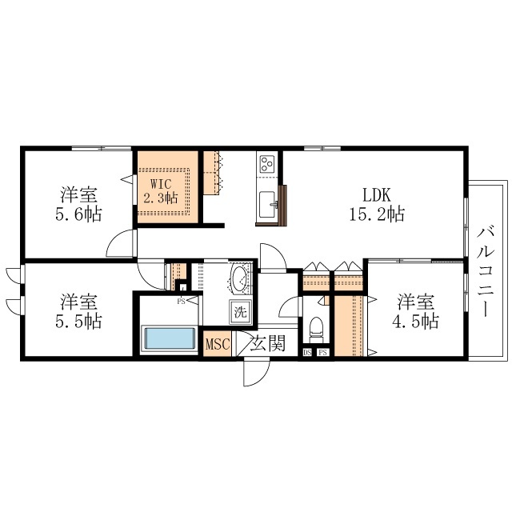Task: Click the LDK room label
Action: tap(377, 195)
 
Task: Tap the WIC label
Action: tap(161, 184)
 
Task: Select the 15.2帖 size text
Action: tap(377, 214)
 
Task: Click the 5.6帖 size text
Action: tap(78, 214)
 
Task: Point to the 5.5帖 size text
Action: tap(78, 322)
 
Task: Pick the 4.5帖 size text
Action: tap(415, 322)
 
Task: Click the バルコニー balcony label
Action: tap(486, 272)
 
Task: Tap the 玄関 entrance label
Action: tap(268, 343)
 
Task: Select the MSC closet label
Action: tap(218, 344)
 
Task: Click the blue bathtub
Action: tap(170, 338)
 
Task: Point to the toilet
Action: tap(316, 327)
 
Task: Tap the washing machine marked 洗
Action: tap(241, 313)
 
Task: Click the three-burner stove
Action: tap(266, 163)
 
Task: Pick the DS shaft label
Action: tap(307, 352)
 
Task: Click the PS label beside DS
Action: tap(323, 352)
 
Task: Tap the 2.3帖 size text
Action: tap(161, 198)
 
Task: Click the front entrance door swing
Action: tap(256, 372)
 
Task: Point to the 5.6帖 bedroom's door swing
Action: tap(121, 243)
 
